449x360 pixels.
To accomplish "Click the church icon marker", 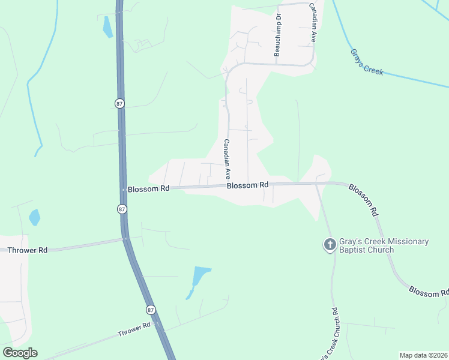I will pos(330,245).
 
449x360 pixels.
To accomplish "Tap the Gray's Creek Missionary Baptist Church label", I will pos(383,245).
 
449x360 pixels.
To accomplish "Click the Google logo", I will pos(20,353).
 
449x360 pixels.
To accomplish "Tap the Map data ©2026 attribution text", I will pos(423,355).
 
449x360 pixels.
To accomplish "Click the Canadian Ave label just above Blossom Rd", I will pos(228,160).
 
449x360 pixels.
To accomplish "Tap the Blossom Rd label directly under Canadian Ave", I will pos(247,185).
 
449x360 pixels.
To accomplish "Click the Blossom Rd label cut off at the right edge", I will pos(429,291).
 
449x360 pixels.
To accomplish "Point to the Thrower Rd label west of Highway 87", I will pos(28,250).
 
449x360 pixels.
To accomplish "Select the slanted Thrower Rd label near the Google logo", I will pos(134,330).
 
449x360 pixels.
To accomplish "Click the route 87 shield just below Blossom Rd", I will pos(122,209).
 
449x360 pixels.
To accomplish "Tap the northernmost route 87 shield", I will pos(119,103).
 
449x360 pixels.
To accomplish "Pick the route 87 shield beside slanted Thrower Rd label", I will pos(151,310).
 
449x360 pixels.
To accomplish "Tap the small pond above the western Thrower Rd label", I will pos(35,217).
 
